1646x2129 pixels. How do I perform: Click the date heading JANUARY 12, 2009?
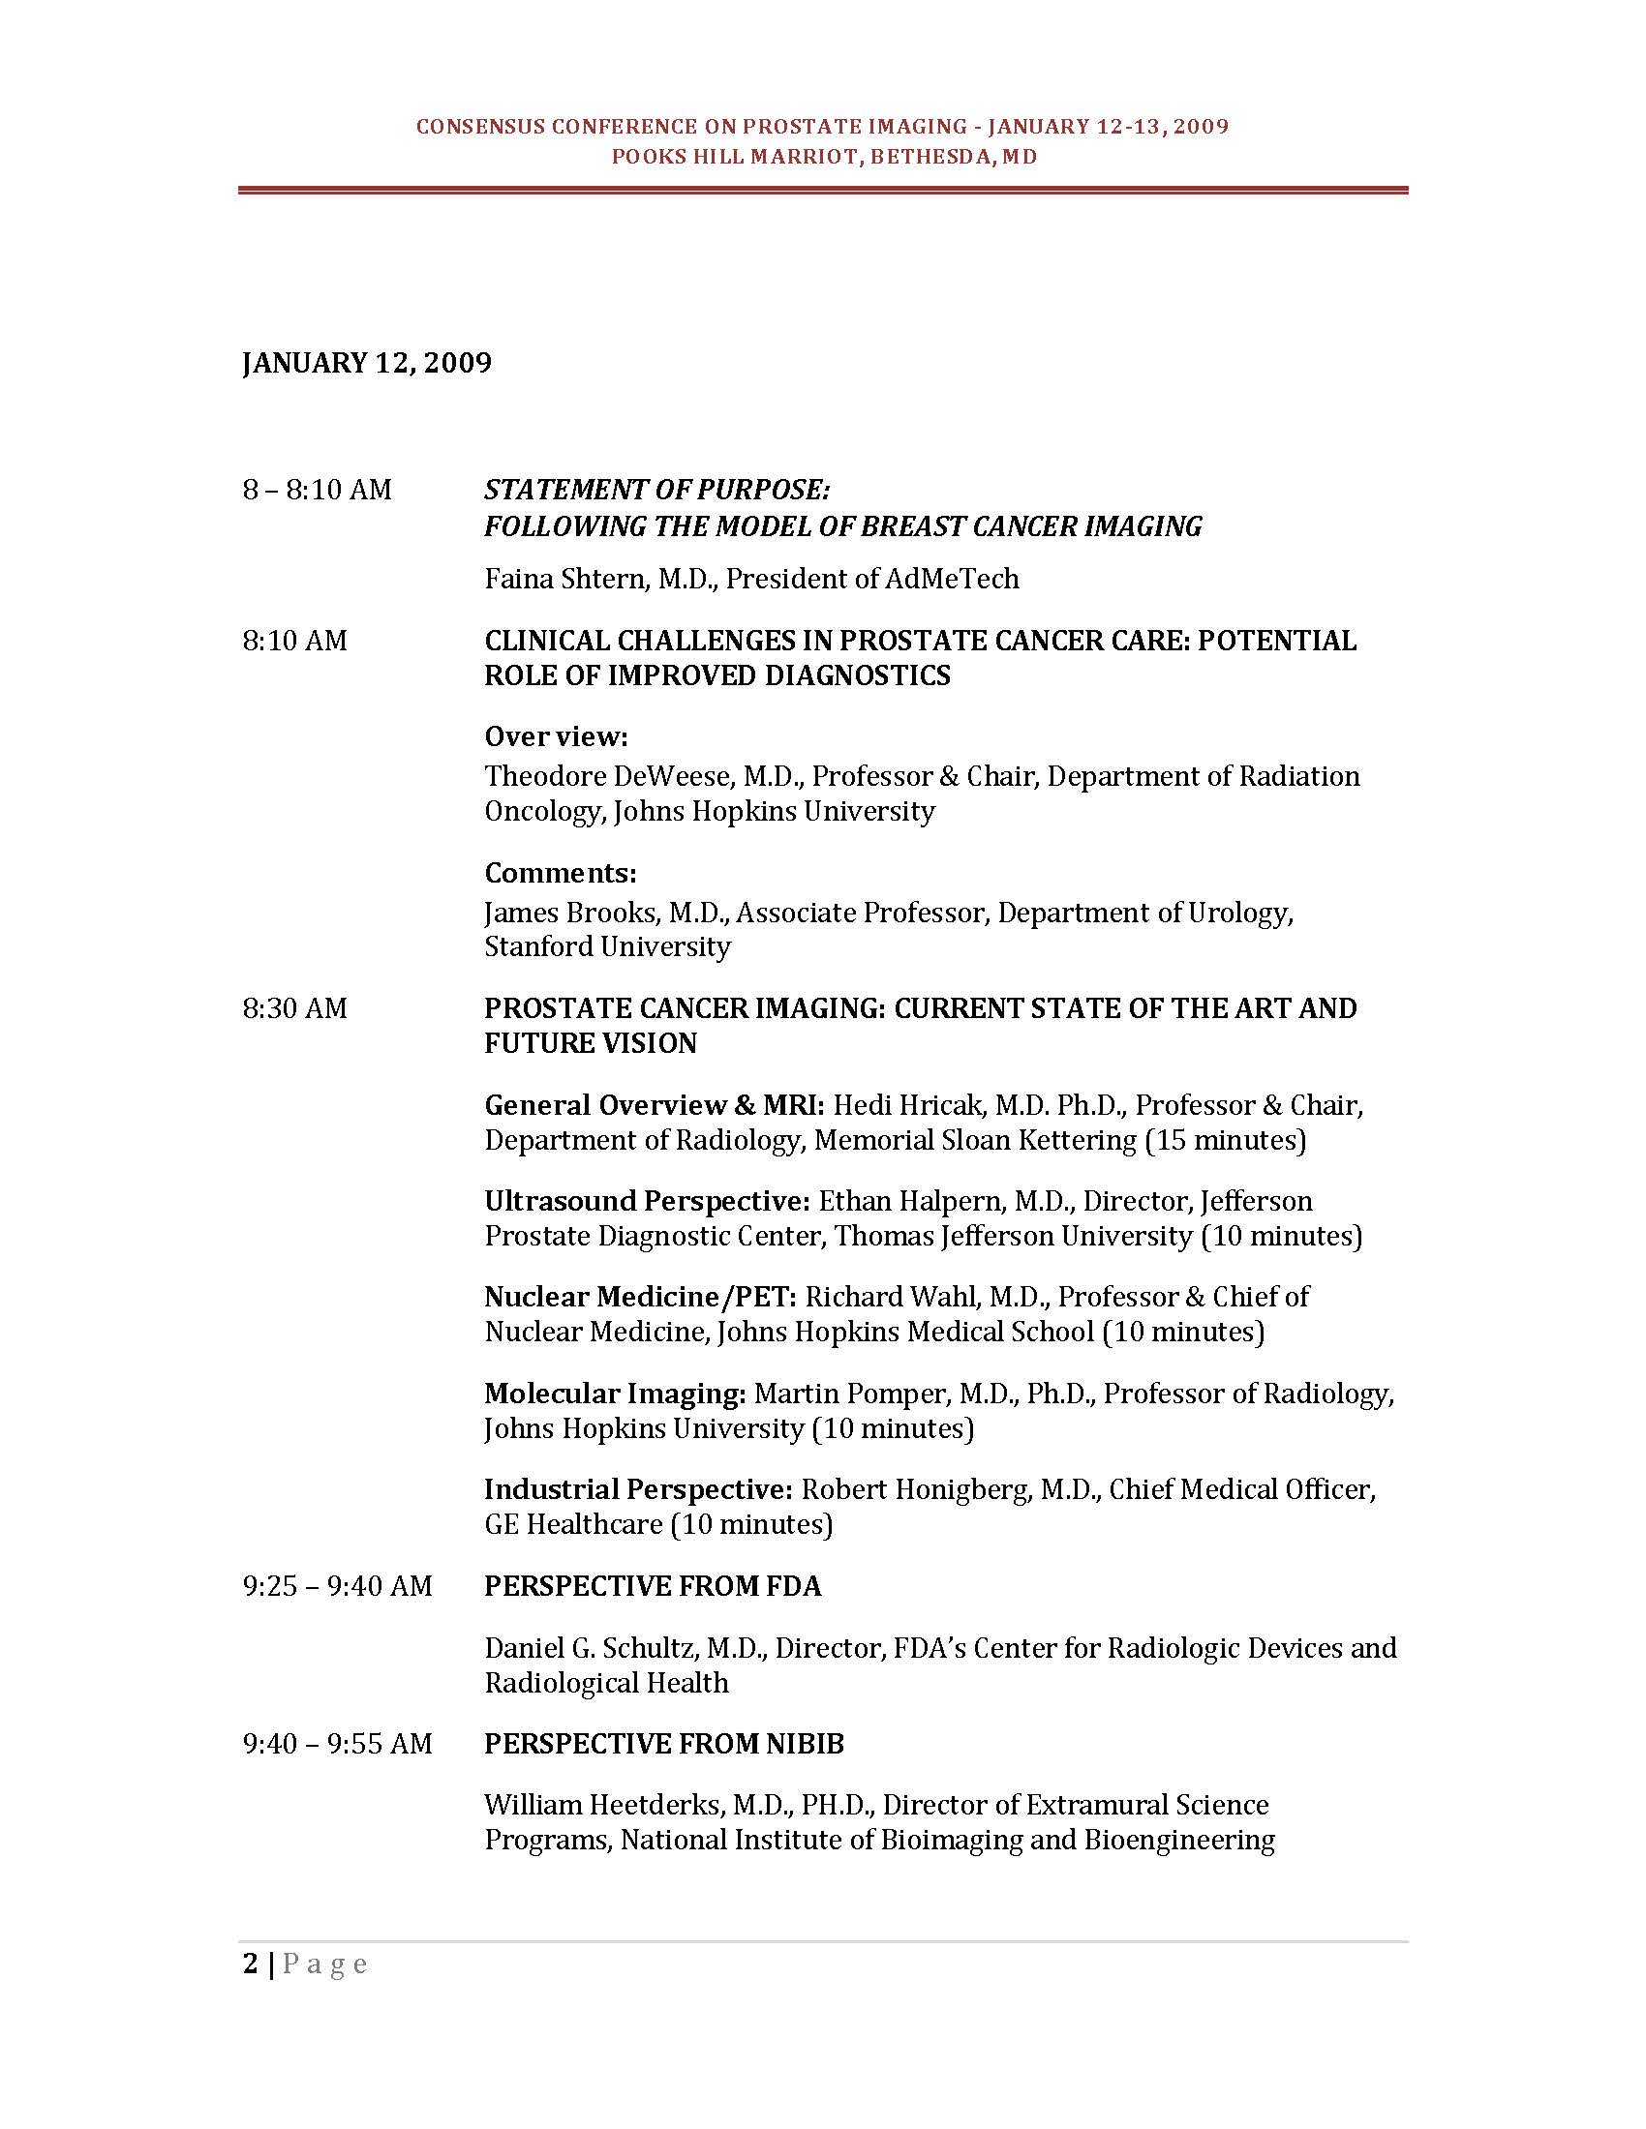click(x=367, y=363)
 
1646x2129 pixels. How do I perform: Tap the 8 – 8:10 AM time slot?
click(x=317, y=490)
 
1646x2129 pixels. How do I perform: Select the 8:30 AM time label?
click(x=294, y=1008)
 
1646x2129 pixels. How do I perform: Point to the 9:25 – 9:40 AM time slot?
click(x=337, y=1586)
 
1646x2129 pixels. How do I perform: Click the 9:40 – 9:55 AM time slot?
click(x=337, y=1743)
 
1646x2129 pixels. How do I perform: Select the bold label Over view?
click(x=556, y=736)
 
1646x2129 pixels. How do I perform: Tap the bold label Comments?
click(x=560, y=872)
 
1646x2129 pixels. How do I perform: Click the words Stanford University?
click(x=607, y=946)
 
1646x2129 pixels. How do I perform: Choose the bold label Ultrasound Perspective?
click(x=647, y=1201)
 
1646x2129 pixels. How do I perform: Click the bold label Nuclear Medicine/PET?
click(x=641, y=1297)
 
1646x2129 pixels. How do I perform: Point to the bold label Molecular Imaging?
click(x=615, y=1393)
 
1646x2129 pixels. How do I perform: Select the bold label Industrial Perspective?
click(x=639, y=1489)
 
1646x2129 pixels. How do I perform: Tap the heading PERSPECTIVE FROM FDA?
click(x=653, y=1586)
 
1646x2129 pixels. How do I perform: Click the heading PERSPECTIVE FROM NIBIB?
click(x=664, y=1743)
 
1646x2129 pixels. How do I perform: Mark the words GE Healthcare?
click(x=573, y=1523)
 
